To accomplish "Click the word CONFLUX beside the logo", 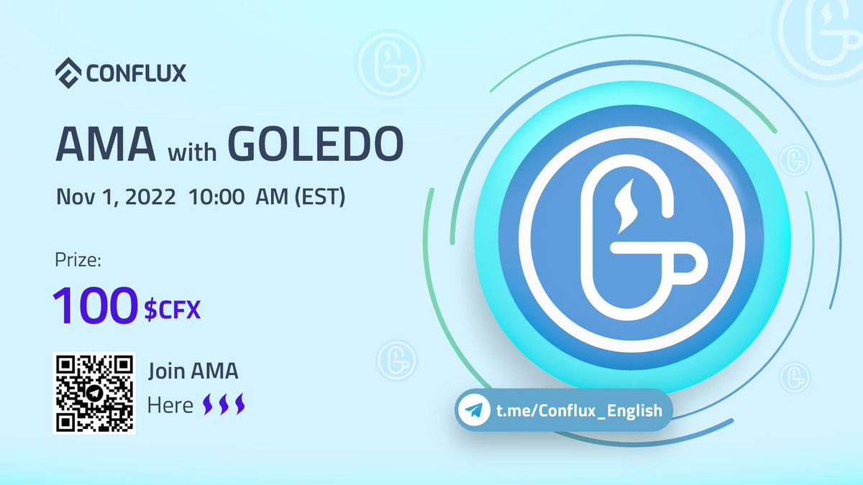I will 135,73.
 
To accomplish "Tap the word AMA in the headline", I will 106,146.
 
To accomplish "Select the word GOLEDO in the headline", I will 315,146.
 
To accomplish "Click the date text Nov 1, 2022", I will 116,197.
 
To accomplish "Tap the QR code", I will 94,392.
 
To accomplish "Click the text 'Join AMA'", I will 193,372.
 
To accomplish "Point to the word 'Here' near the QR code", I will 170,405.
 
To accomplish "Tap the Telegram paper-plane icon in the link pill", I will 471,411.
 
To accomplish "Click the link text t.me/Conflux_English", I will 570,412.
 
